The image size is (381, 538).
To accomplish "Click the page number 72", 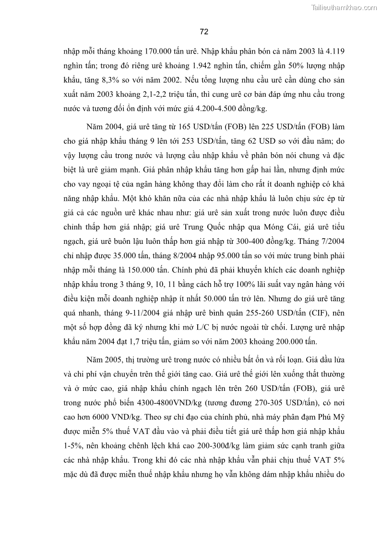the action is pyautogui.click(x=203, y=32).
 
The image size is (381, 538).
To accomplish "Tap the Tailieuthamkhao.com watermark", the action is pyautogui.click(x=345, y=7).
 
